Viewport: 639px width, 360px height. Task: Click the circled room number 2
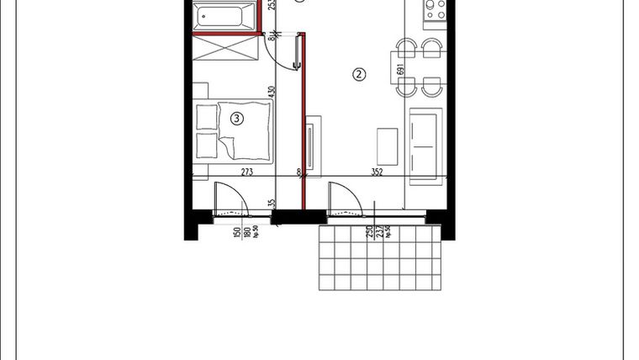tap(359, 74)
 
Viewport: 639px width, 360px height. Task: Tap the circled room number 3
tap(237, 119)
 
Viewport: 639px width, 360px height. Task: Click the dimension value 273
tap(247, 172)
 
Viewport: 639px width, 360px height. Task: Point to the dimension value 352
tap(377, 172)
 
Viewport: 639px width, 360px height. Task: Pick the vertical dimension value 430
tap(272, 93)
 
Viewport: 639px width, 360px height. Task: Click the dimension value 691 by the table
tap(401, 70)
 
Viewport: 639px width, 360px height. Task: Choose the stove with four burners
tap(433, 10)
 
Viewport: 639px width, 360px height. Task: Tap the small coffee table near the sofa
tap(388, 145)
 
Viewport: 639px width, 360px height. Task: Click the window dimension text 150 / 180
tap(242, 232)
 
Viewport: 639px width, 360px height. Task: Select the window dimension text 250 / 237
tap(372, 232)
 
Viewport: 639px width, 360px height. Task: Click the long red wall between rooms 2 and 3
tap(304, 126)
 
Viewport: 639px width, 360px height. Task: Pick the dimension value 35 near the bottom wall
tap(272, 203)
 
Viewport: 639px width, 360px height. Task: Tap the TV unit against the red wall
tap(312, 147)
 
